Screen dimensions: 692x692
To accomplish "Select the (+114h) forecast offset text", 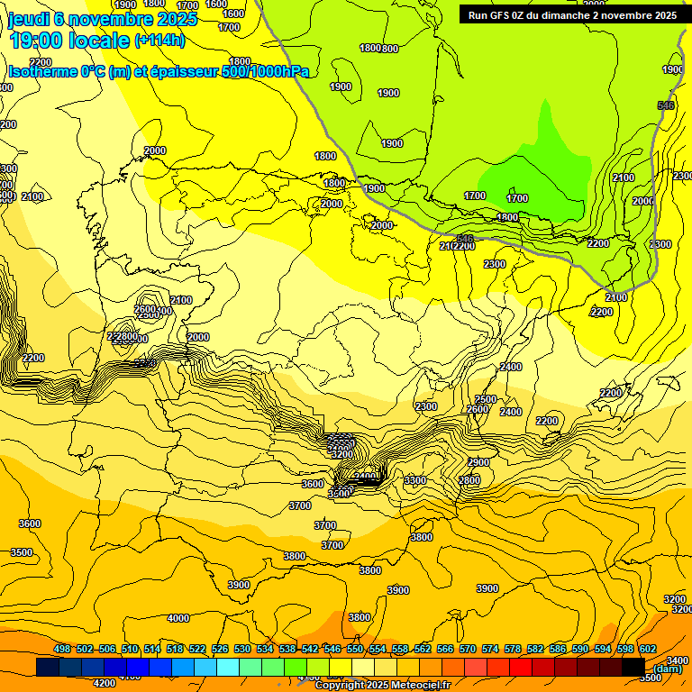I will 159,41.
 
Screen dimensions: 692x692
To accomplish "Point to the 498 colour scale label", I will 62,649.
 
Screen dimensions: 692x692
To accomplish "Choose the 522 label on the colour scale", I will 197,649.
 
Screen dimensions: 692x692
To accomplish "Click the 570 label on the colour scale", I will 468,649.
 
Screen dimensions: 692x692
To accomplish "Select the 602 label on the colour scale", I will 648,649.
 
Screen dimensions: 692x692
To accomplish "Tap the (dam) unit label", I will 668,669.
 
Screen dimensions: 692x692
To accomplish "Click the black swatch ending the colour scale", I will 633,667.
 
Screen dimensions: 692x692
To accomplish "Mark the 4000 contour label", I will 178,618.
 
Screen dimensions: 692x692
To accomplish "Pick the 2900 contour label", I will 478,462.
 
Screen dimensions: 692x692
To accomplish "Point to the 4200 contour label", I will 105,683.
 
